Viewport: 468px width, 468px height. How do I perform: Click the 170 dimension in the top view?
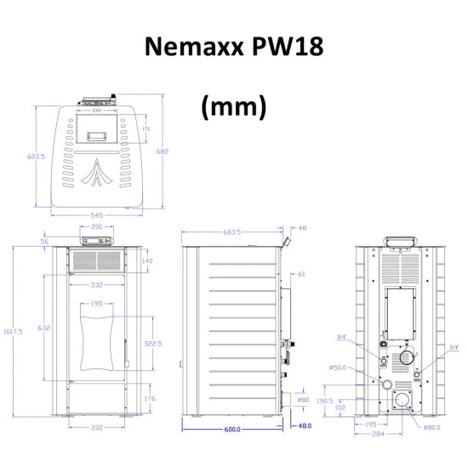tap(146, 129)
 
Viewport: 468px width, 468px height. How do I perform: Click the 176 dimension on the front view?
tap(150, 398)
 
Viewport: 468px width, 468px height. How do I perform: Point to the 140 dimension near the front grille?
tap(147, 261)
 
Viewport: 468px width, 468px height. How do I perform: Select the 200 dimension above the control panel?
tap(96, 228)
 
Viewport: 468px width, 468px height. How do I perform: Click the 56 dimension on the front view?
tap(44, 242)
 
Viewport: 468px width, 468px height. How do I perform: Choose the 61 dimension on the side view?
tap(301, 274)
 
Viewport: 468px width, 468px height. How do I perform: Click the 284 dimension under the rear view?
tap(378, 433)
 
